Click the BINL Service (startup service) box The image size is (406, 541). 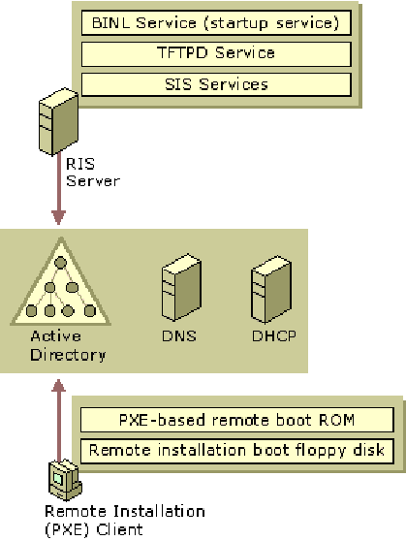[216, 22]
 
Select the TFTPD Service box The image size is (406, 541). [216, 54]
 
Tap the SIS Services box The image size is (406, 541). [216, 84]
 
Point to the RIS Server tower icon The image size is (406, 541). [59, 121]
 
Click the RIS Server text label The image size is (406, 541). [93, 173]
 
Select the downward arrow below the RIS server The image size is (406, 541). [59, 189]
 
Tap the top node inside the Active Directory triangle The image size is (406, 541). [61, 263]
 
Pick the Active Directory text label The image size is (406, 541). [68, 346]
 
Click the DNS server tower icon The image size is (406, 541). [181, 287]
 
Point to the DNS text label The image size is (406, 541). [179, 336]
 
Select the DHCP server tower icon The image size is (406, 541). [271, 289]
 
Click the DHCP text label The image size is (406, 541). [274, 336]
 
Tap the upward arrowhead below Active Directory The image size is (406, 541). [59, 386]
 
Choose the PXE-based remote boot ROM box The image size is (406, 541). [237, 420]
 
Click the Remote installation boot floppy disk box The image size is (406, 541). [237, 451]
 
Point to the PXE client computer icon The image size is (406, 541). [65, 480]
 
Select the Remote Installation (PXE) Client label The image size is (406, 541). [125, 521]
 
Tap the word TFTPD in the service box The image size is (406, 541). [182, 52]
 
